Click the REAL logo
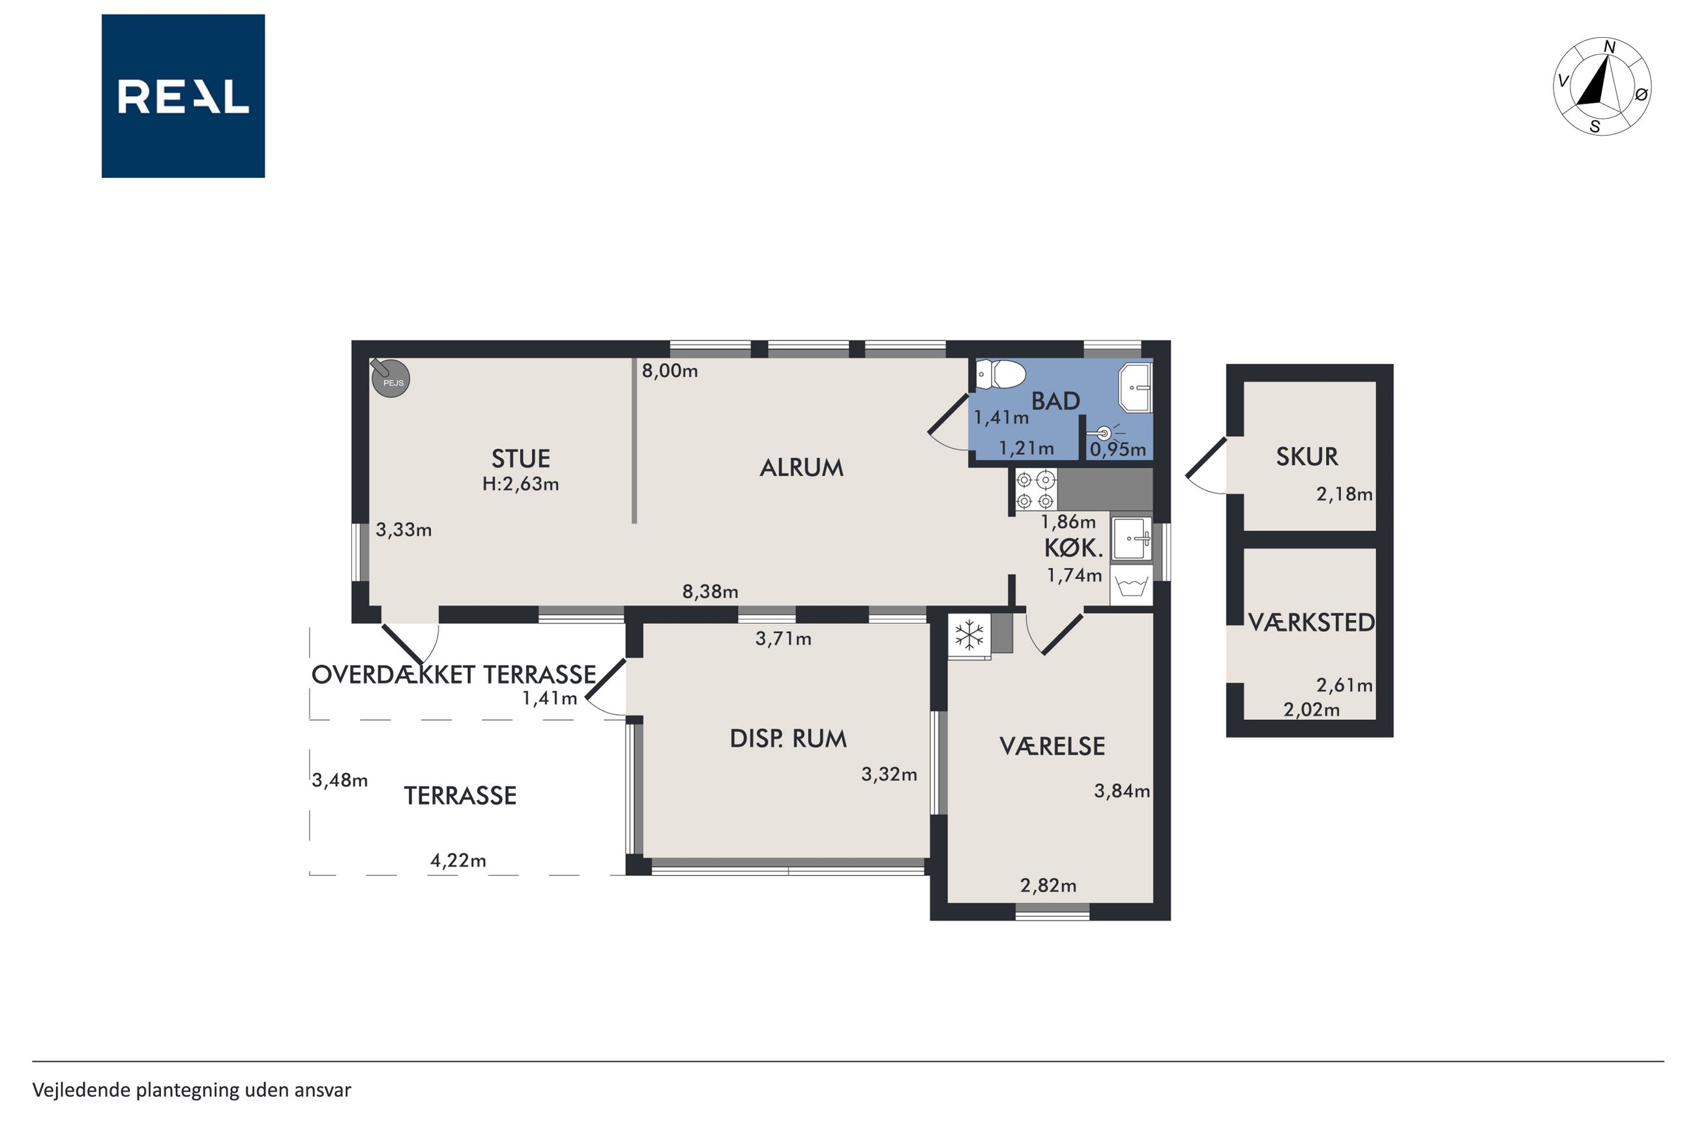click(x=183, y=96)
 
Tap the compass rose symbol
click(x=1601, y=87)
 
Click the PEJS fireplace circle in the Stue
click(x=391, y=378)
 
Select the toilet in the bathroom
click(x=1001, y=375)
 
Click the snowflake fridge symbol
click(x=969, y=635)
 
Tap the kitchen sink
click(x=1131, y=539)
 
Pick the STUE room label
click(x=521, y=459)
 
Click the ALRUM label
click(x=801, y=468)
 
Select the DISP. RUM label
click(x=788, y=739)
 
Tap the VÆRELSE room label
click(x=1052, y=746)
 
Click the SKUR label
click(x=1306, y=456)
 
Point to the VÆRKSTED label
click(x=1311, y=622)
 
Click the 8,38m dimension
click(x=711, y=591)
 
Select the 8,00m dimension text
click(x=670, y=371)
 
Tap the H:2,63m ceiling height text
click(x=521, y=484)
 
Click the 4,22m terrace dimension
click(x=458, y=861)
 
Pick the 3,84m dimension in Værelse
click(x=1121, y=792)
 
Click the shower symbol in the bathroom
click(x=1104, y=433)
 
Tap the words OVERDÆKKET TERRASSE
click(x=454, y=674)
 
